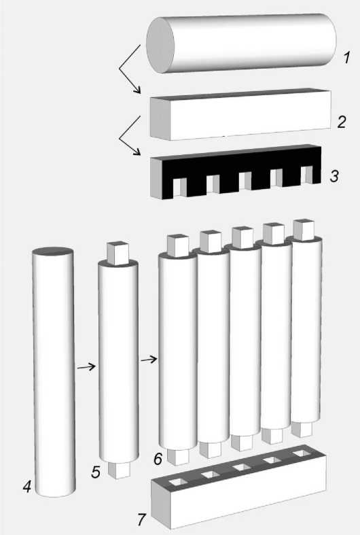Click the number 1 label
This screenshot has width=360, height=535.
(x=346, y=57)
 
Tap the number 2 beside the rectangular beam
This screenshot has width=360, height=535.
(x=342, y=122)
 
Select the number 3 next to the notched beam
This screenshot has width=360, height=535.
(x=334, y=176)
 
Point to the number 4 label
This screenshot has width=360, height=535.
(x=27, y=486)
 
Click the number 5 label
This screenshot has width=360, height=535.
(x=96, y=472)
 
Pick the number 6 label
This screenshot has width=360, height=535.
(x=158, y=459)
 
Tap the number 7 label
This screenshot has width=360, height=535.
(x=141, y=519)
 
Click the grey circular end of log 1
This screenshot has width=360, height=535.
(x=160, y=45)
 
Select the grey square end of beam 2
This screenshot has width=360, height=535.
(x=160, y=118)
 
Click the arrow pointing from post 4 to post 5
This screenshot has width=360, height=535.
(x=86, y=367)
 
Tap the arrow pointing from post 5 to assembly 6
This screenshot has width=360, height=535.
(x=149, y=360)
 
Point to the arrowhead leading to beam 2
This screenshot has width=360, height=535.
(x=137, y=90)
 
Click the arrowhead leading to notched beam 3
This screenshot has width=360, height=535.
(x=137, y=152)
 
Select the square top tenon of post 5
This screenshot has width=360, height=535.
(x=118, y=253)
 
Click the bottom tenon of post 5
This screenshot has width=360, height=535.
(x=119, y=470)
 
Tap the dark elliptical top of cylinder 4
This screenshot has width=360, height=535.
(x=53, y=251)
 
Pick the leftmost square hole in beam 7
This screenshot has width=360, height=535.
(x=179, y=482)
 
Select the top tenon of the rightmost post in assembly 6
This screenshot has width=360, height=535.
(x=304, y=230)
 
